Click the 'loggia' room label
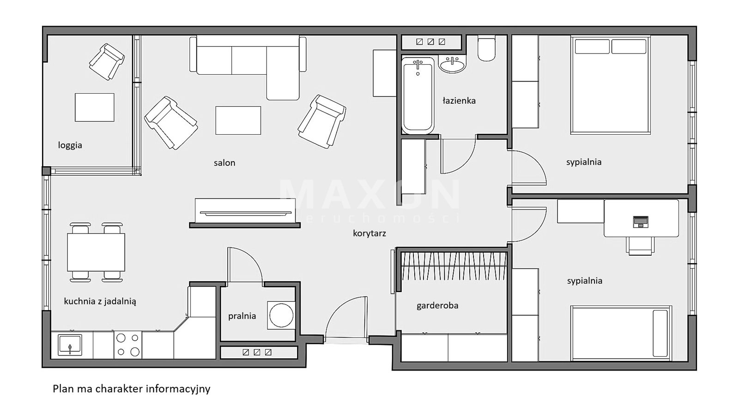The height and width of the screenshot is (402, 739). pyautogui.click(x=70, y=145)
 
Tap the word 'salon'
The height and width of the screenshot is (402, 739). pyautogui.click(x=224, y=162)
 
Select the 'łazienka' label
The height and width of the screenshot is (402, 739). pyautogui.click(x=459, y=101)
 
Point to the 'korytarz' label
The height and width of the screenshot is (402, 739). pyautogui.click(x=369, y=234)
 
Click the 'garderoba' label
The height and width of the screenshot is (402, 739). pyautogui.click(x=437, y=306)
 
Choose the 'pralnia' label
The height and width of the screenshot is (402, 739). pyautogui.click(x=242, y=316)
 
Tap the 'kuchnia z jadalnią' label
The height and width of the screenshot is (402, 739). pyautogui.click(x=100, y=301)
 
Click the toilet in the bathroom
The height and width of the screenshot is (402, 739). pyautogui.click(x=487, y=49)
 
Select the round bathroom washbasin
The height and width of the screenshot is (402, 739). pyautogui.click(x=452, y=64)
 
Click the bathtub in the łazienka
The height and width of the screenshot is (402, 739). pyautogui.click(x=418, y=96)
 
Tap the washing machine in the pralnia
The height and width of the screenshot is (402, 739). pyautogui.click(x=281, y=315)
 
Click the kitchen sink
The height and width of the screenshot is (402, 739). pyautogui.click(x=70, y=345)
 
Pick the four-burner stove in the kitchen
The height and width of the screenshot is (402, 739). pyautogui.click(x=128, y=345)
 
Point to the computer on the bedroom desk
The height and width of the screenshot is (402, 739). pyautogui.click(x=641, y=222)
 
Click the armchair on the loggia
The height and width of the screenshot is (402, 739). pyautogui.click(x=107, y=62)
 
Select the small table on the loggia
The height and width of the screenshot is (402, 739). pyautogui.click(x=95, y=107)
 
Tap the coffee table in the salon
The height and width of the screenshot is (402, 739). pyautogui.click(x=238, y=120)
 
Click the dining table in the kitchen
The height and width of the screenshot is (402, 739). pyautogui.click(x=96, y=252)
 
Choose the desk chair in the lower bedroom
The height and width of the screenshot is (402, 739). pyautogui.click(x=640, y=246)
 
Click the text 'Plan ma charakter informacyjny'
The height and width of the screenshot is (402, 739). pyautogui.click(x=131, y=389)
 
